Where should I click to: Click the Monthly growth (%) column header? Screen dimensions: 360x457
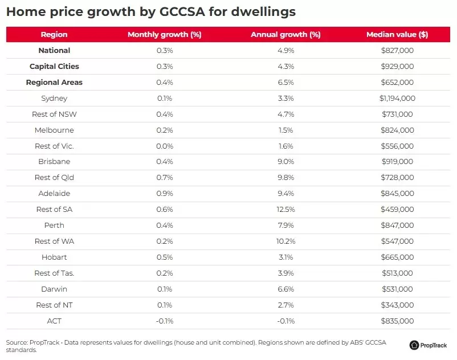click(x=164, y=35)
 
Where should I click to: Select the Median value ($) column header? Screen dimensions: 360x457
click(x=397, y=35)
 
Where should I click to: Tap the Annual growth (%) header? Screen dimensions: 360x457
click(x=285, y=35)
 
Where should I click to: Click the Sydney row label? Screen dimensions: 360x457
click(x=54, y=99)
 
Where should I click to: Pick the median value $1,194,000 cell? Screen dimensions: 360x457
click(x=397, y=99)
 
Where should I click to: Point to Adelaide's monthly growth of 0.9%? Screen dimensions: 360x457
click(x=164, y=194)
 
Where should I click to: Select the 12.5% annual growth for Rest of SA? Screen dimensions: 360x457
click(x=285, y=210)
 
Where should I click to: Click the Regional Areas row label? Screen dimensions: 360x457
click(x=54, y=83)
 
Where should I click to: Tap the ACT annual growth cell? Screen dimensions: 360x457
click(x=285, y=321)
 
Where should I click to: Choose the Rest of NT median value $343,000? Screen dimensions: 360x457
click(x=397, y=305)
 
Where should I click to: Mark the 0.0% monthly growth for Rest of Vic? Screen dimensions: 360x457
click(x=164, y=146)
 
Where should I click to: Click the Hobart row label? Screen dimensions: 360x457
click(x=54, y=257)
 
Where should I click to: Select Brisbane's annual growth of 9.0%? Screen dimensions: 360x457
click(x=285, y=162)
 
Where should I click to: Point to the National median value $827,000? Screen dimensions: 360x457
click(x=397, y=51)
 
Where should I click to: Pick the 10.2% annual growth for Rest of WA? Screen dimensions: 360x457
click(x=285, y=242)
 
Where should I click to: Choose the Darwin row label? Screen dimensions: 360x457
click(x=54, y=289)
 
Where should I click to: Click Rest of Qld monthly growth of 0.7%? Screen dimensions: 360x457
click(x=164, y=178)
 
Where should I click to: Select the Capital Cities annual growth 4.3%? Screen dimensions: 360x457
click(x=285, y=67)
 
